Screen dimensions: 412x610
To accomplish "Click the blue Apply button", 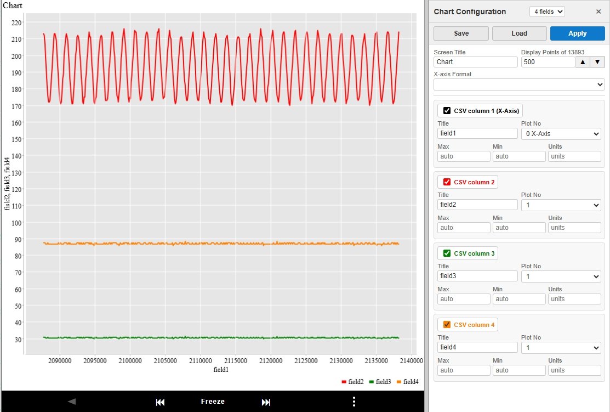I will [577, 33].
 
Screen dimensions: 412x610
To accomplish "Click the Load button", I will [519, 33].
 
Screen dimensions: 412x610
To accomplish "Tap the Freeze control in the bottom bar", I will [213, 402].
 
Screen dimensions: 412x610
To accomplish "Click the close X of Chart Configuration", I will [598, 12].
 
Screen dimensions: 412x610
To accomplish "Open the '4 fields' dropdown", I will [546, 12].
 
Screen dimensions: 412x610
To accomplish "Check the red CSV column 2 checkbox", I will [447, 182].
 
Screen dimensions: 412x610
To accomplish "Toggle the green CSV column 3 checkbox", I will [447, 253].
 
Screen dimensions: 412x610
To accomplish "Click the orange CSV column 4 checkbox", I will [447, 325].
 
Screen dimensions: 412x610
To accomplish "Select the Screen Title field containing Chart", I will [475, 62].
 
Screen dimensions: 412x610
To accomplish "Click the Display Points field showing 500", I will [547, 62].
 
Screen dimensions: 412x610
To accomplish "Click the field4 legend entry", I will [407, 382].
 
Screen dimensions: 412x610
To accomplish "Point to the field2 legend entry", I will [352, 382].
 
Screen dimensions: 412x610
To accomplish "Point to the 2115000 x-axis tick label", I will [235, 360].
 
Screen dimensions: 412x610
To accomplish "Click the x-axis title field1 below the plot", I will [221, 370].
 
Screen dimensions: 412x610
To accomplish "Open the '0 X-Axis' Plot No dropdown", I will [561, 133].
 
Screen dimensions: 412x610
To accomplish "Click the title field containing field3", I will [477, 276].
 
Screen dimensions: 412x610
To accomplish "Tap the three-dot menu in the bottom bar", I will [354, 402].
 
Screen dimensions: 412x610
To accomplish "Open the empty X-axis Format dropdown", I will [519, 85].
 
